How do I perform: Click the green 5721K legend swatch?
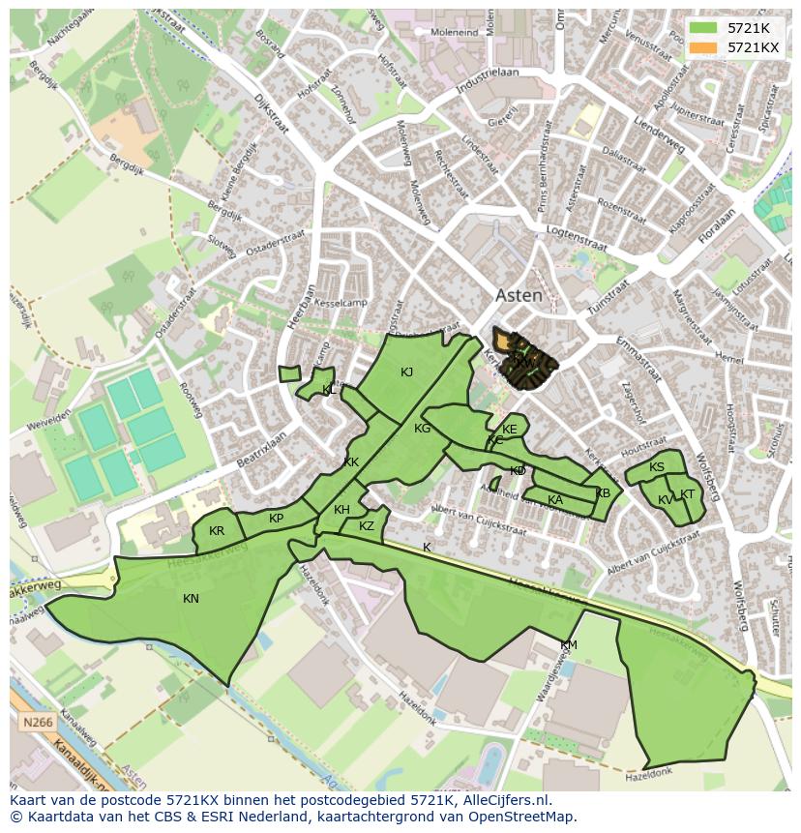(x=703, y=28)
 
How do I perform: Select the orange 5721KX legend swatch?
(x=703, y=47)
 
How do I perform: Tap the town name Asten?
(x=519, y=296)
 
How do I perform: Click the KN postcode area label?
(x=191, y=599)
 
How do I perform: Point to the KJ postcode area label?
(x=407, y=372)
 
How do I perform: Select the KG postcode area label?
(x=422, y=429)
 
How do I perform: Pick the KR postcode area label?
(x=217, y=531)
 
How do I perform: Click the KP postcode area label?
(x=277, y=519)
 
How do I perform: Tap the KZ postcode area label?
(x=366, y=526)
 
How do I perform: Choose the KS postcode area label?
(x=657, y=467)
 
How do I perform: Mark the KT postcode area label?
(x=687, y=494)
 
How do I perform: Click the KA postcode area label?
(x=555, y=500)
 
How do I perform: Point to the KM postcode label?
(x=569, y=645)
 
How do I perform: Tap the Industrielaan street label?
(x=489, y=79)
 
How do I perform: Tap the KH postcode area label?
(x=341, y=510)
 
